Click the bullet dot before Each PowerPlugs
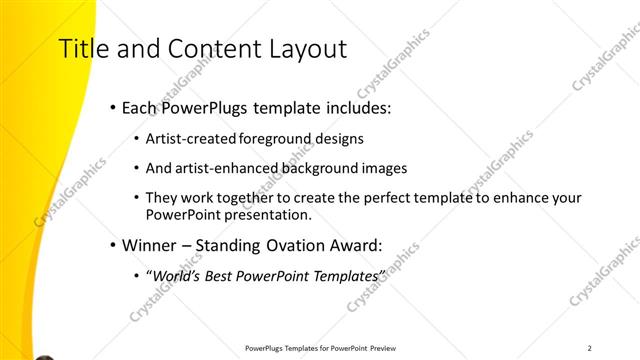(x=113, y=107)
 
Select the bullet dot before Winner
(x=113, y=242)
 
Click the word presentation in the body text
(x=264, y=214)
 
